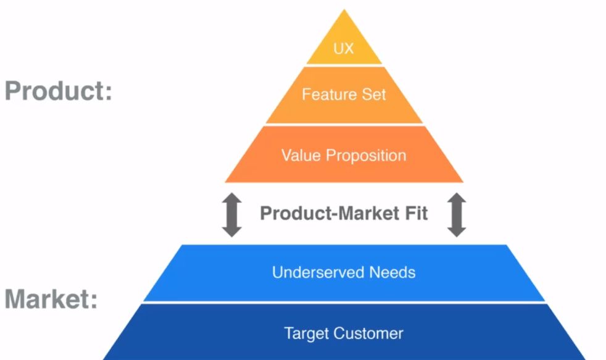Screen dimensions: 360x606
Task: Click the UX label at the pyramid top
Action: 344,49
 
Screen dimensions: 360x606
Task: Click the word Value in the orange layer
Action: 301,154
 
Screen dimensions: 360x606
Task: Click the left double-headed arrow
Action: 232,214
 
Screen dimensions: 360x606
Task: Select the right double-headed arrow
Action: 456,214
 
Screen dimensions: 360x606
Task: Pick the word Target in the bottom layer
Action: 306,333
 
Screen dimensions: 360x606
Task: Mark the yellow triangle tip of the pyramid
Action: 344,25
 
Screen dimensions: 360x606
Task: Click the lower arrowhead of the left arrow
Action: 232,230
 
